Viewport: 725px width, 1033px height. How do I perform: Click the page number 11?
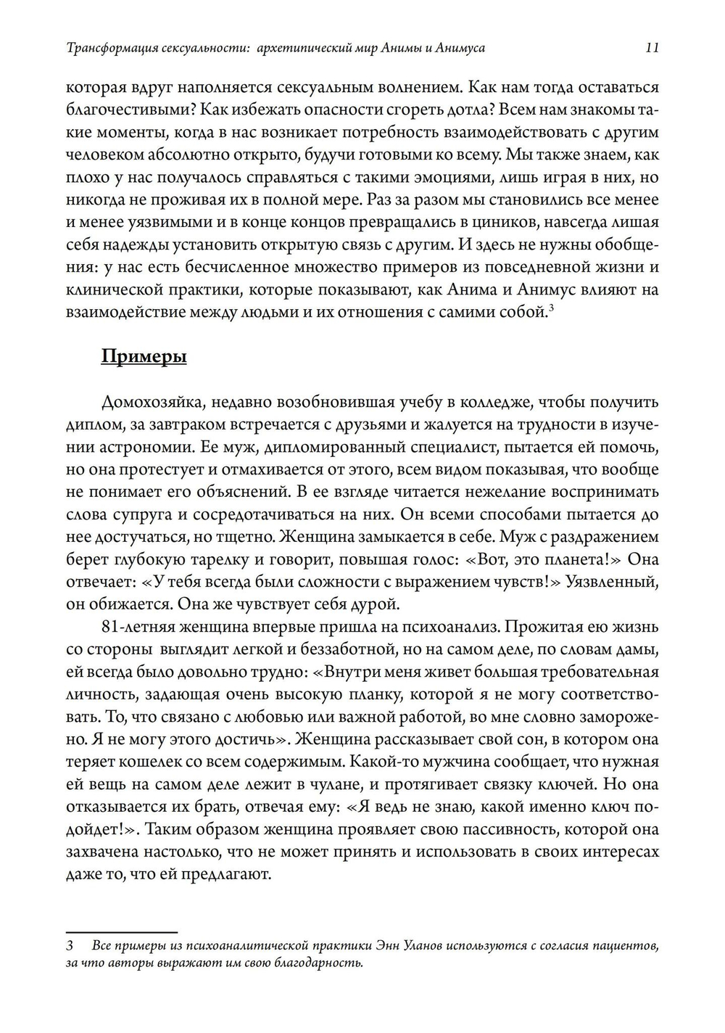(x=651, y=49)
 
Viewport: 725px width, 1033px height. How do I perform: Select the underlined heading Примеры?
(x=144, y=357)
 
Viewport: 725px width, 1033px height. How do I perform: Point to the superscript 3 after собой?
(x=551, y=309)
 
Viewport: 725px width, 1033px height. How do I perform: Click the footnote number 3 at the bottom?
(x=70, y=947)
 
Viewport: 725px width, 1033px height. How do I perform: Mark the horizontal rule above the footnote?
(x=121, y=932)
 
